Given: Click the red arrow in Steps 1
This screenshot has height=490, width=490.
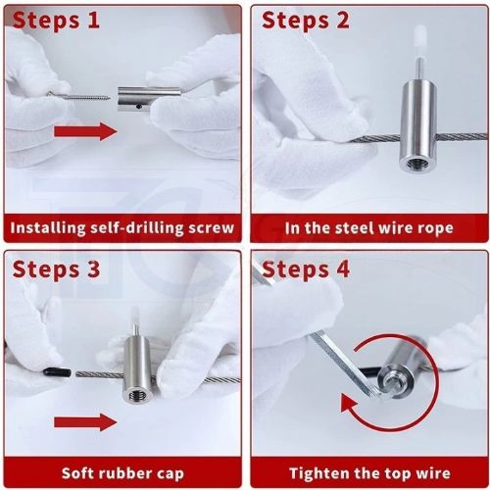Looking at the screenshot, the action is click(85, 131).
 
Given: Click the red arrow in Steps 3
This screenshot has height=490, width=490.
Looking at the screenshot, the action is click(85, 422).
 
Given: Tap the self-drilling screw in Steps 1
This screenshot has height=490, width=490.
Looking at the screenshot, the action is click(79, 96).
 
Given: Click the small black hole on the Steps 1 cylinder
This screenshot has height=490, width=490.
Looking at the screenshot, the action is click(139, 107).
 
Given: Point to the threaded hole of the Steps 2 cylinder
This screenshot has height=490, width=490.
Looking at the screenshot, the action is click(414, 163).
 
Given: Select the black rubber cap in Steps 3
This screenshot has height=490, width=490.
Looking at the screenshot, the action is click(57, 372).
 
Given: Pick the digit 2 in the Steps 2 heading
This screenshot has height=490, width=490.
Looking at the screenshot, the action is click(342, 21).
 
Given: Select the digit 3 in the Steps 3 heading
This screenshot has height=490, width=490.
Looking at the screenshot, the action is click(93, 269).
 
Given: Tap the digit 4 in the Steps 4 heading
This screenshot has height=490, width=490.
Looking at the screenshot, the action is click(342, 269).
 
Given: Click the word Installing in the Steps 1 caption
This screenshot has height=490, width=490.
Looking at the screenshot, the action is click(48, 228).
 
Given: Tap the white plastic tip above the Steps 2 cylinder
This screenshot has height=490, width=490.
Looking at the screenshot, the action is click(417, 41).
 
